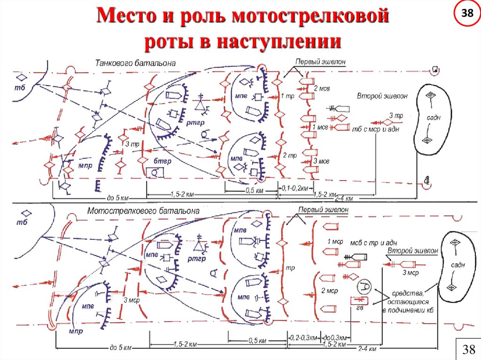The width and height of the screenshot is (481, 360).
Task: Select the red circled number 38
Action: point(467,14)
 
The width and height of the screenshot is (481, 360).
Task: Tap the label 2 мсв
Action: point(322,88)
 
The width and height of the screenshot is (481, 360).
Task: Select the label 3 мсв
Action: point(321,161)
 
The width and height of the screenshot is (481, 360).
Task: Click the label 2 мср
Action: point(329,291)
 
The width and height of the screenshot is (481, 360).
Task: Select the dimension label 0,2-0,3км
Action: point(302,337)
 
